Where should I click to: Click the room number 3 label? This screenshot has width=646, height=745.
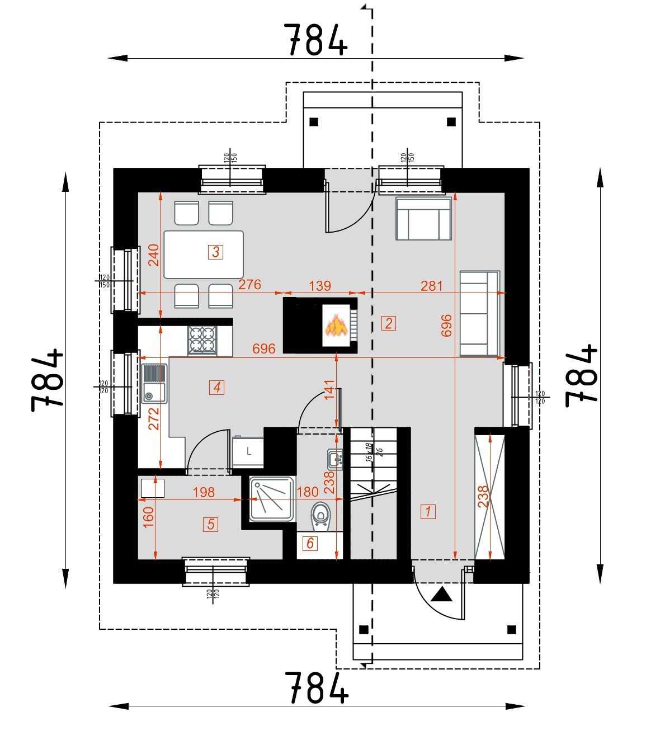pyautogui.click(x=216, y=252)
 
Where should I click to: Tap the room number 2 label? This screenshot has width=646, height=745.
pyautogui.click(x=389, y=323)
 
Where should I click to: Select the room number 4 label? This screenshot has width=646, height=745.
pyautogui.click(x=217, y=387)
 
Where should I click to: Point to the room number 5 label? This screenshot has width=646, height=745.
pyautogui.click(x=210, y=524)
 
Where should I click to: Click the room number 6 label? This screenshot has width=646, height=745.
pyautogui.click(x=310, y=543)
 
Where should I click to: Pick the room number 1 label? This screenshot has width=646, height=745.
pyautogui.click(x=428, y=511)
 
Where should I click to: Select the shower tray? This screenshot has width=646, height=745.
pyautogui.click(x=272, y=499)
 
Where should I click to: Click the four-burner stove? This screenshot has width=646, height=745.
pyautogui.click(x=202, y=340)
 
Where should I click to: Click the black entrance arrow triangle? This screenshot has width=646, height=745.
pyautogui.click(x=441, y=594)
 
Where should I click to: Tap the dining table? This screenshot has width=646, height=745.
pyautogui.click(x=204, y=254)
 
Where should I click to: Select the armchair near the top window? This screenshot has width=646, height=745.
pyautogui.click(x=423, y=219)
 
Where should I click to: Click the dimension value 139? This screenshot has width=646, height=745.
pyautogui.click(x=320, y=286)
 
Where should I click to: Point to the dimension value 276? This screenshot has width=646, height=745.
pyautogui.click(x=249, y=285)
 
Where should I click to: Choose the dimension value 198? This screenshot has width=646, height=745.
pyautogui.click(x=204, y=492)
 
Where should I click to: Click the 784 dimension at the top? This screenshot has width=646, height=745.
pyautogui.click(x=315, y=40)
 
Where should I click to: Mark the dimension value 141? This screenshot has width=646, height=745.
pyautogui.click(x=329, y=389)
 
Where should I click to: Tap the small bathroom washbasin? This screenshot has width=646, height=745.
pyautogui.click(x=334, y=459)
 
